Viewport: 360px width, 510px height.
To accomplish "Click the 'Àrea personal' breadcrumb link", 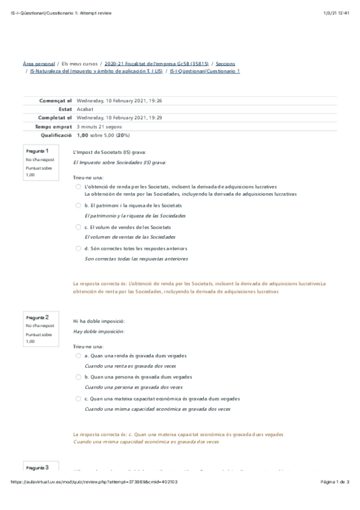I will coord(38,63).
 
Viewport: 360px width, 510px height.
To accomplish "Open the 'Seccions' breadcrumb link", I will coord(225,63).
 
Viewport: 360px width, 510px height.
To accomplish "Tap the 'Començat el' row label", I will coord(55,101).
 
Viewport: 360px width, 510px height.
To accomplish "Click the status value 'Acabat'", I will coord(85,109).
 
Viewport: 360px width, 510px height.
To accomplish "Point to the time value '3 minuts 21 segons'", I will coord(100,127).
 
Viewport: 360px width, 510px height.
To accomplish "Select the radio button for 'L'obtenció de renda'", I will coord(78,187).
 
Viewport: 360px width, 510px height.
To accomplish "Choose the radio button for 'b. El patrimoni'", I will coord(78,206).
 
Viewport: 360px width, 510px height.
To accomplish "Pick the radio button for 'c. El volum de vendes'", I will coord(78,227).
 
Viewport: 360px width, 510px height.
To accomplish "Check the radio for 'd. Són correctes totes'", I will coord(78,248).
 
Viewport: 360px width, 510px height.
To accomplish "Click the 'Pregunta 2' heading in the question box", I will coord(37,317).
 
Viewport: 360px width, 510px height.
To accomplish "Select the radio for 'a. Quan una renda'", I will coord(78,355).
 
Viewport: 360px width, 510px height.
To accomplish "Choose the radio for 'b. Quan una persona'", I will coord(78,377).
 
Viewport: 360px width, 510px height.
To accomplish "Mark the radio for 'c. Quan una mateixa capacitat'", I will coord(78,398).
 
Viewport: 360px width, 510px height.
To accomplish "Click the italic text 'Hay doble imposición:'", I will coord(99,331).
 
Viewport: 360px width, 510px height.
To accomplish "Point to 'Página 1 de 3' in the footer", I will coord(340,482).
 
